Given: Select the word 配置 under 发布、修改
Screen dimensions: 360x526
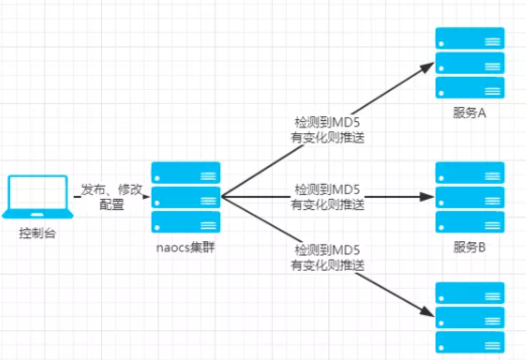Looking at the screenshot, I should click(x=112, y=205).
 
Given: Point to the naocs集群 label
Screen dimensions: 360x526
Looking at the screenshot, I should click(x=186, y=248).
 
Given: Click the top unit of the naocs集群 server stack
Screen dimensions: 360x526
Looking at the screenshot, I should click(x=186, y=173).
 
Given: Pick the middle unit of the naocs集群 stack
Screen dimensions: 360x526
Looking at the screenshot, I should click(x=186, y=197).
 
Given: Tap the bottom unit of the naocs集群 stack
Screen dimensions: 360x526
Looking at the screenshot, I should click(x=186, y=222).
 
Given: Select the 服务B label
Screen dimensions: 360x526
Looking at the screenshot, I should click(x=469, y=248).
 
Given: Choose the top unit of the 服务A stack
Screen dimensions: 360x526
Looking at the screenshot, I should click(x=470, y=38).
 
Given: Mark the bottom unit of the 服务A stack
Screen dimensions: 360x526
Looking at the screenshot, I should click(x=470, y=88).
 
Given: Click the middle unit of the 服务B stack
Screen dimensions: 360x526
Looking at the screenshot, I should click(x=470, y=197).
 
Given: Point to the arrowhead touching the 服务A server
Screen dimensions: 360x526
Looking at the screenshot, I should click(x=429, y=66).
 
